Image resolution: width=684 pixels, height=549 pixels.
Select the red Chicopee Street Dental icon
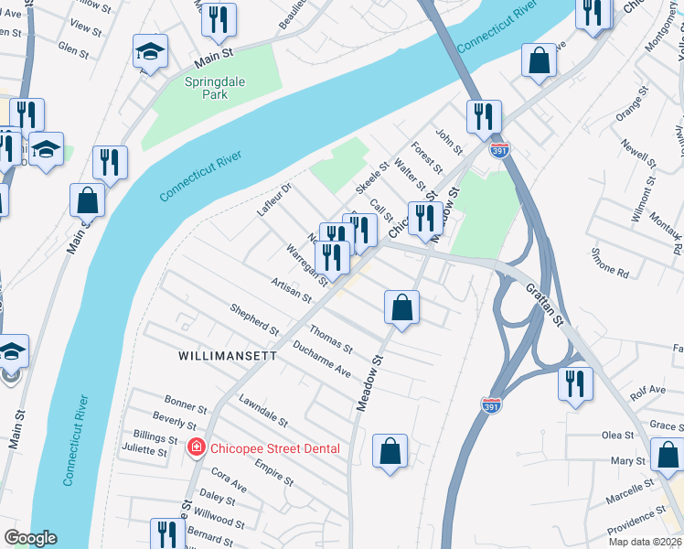click(x=196, y=447)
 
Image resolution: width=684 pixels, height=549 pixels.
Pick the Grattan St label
click(x=547, y=308)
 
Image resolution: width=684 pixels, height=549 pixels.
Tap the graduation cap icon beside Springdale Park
click(x=150, y=53)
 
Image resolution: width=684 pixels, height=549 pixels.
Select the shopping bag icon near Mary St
click(x=667, y=456)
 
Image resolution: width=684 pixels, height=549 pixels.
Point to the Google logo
click(x=30, y=538)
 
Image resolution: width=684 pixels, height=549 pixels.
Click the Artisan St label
click(x=293, y=294)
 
